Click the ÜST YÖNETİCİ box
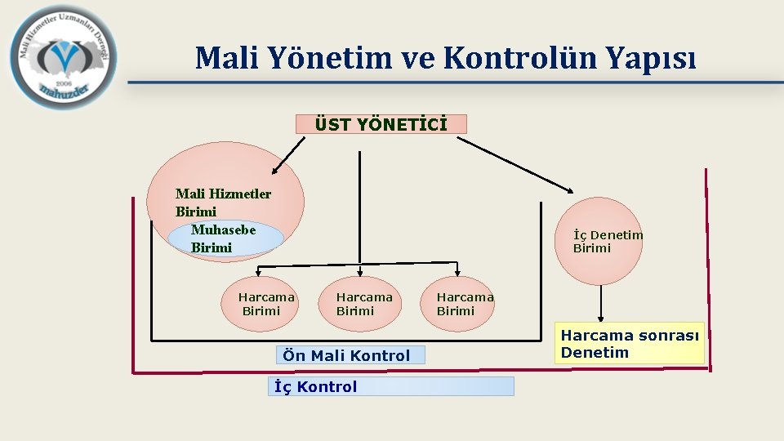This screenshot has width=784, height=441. (381, 124)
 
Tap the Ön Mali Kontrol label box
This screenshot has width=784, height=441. (351, 355)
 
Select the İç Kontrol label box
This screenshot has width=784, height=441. (391, 386)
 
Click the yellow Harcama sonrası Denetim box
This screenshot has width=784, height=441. (630, 343)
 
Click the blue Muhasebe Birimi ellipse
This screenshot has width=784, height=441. (225, 238)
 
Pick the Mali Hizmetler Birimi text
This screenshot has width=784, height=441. (223, 202)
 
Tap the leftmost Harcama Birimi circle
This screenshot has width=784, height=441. (261, 304)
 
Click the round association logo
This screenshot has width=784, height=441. (64, 57)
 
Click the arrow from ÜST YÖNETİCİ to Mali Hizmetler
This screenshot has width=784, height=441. (287, 154)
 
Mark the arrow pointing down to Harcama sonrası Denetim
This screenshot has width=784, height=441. (601, 303)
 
